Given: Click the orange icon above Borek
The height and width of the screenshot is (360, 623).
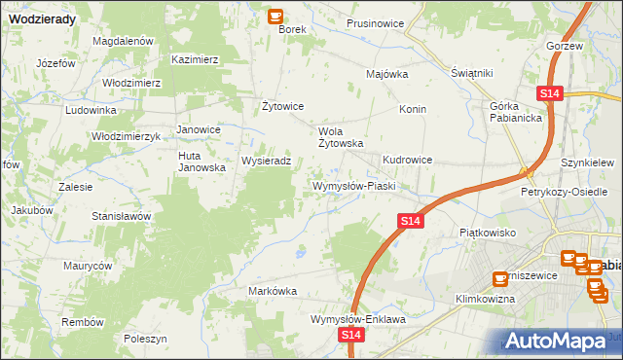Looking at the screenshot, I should (275, 16).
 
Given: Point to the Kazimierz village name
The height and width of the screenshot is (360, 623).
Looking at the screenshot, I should (195, 59).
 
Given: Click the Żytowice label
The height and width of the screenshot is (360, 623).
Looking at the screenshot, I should (284, 106).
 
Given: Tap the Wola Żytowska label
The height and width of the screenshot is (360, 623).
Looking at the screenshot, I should (341, 136).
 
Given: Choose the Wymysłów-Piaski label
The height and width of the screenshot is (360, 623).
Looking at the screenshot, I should (351, 185).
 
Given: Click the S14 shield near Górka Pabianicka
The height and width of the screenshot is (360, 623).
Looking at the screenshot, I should (550, 93).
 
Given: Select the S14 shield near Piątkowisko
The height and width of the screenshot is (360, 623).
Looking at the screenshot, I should (411, 223).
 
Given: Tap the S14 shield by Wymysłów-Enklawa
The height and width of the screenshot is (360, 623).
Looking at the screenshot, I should (352, 335).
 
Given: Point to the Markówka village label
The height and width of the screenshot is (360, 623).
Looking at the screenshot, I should (273, 291).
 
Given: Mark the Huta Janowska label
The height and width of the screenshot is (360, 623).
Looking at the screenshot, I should (202, 161).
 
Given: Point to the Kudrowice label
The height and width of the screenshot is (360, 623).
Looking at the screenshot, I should (407, 159).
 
